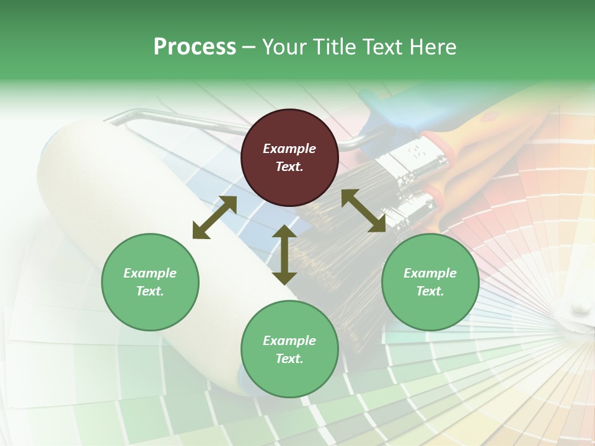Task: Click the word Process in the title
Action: tap(195, 47)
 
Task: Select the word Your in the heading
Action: tap(285, 47)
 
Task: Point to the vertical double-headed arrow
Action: tap(284, 255)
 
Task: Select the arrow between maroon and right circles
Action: tap(363, 211)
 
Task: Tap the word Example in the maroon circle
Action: tap(289, 149)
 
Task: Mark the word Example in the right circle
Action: tap(430, 273)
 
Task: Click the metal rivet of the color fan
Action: tap(581, 305)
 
